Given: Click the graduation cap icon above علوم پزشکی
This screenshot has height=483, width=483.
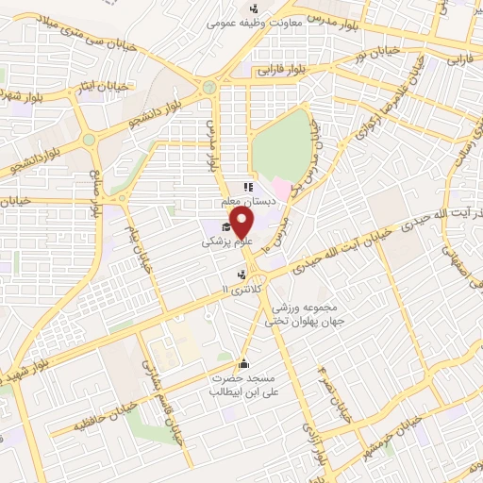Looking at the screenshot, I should pyautogui.click(x=225, y=226).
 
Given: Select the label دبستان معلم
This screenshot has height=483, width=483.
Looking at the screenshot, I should pyautogui.click(x=247, y=200).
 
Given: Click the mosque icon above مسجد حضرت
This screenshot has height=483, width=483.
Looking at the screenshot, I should pyautogui.click(x=243, y=364).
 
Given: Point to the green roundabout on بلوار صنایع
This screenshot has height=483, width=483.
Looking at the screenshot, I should pyautogui.click(x=89, y=139).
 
